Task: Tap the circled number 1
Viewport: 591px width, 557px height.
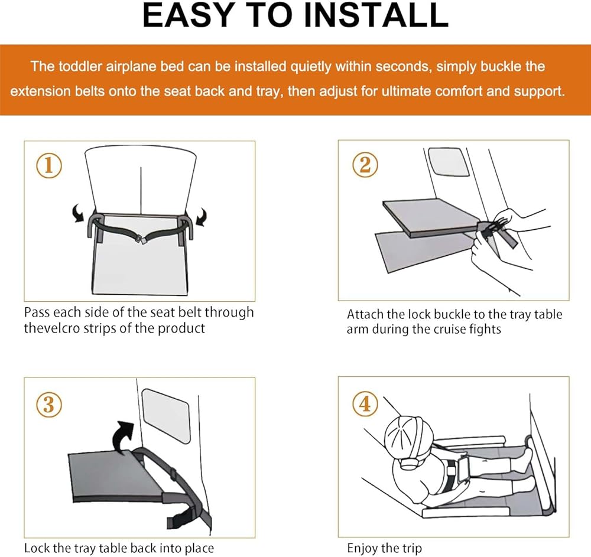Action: (49, 166)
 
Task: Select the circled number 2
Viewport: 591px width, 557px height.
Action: (365, 165)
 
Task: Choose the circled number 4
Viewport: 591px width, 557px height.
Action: (365, 404)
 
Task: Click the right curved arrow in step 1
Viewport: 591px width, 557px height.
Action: (202, 217)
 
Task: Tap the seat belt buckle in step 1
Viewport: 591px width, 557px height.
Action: (141, 239)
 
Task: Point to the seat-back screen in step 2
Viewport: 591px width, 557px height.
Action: (449, 162)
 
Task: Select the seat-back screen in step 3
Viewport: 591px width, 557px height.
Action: (166, 416)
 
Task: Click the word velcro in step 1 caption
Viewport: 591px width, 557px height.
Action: (60, 328)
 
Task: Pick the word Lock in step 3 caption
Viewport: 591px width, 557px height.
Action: (36, 548)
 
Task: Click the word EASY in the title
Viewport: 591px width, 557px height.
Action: (182, 15)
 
